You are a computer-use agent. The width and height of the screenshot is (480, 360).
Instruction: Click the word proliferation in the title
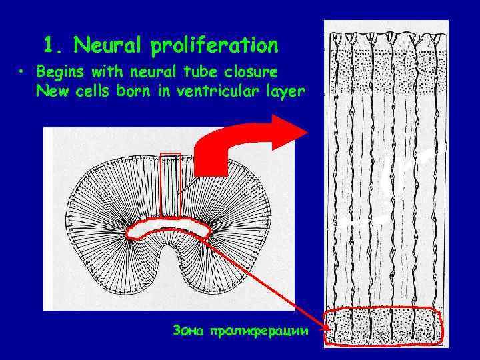click(215, 47)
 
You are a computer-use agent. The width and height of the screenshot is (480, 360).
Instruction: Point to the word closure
click(262, 71)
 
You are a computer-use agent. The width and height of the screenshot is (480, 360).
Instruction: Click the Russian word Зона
click(187, 330)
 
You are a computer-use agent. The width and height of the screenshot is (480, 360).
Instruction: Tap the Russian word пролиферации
click(259, 331)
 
